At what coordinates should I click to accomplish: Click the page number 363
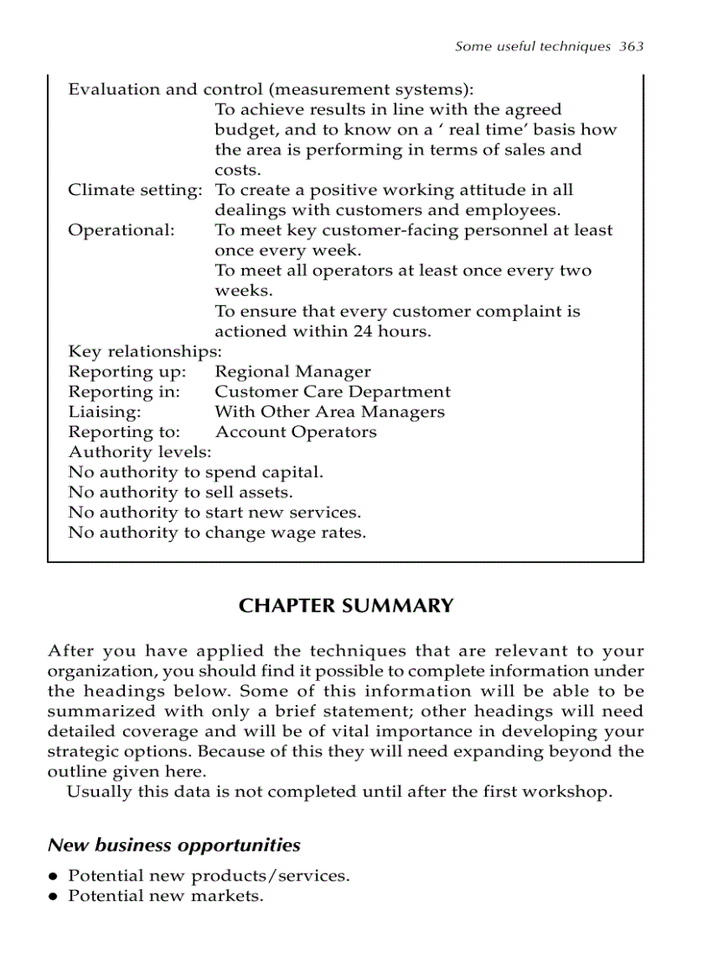tap(632, 47)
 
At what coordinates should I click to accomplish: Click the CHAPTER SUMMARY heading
tap(345, 606)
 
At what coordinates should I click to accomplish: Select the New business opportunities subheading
tap(174, 845)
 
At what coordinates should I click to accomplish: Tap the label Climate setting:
tap(134, 190)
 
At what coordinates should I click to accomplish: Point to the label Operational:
tap(121, 231)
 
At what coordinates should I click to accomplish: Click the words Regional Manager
tap(292, 372)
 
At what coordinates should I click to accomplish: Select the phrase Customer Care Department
tap(332, 392)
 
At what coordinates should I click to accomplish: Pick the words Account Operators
tap(295, 432)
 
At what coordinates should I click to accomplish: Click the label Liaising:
tap(104, 412)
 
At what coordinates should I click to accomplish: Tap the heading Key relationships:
tap(145, 351)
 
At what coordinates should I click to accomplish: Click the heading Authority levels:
tap(140, 452)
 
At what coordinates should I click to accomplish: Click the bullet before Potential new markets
tap(54, 897)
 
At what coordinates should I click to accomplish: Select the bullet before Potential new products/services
tap(54, 877)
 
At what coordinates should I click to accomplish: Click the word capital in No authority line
tap(294, 473)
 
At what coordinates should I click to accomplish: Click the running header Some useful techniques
tap(533, 47)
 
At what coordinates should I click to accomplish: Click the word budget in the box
tap(241, 130)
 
